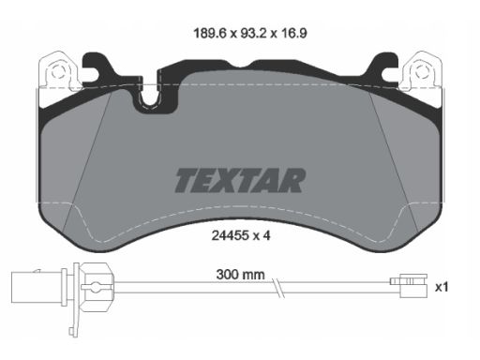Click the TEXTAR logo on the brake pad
coord(240,180)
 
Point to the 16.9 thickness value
coord(293,33)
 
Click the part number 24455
coord(230,235)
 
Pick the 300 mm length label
coord(240,275)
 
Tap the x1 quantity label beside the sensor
coord(442,287)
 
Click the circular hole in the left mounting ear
coord(58,72)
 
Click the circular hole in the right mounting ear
coord(422,72)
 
